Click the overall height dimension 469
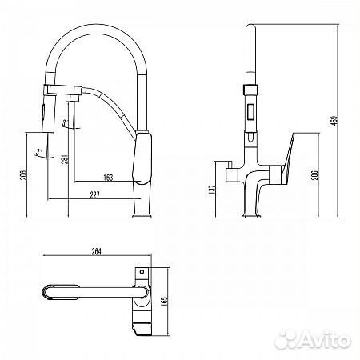pos(335,120)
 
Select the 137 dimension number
pos(212,190)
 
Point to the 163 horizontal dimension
pos(108,178)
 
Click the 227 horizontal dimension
pos(94,195)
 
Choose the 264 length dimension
pos(96,251)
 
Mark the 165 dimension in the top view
pos(165,301)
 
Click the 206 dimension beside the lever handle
pos(315,175)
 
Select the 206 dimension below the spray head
pos(24,175)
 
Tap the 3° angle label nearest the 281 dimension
pos(65,123)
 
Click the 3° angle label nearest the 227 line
pos(38,153)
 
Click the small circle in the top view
pos(142,272)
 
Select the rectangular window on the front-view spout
pos(251,112)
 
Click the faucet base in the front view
pos(251,215)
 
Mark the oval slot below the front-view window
pos(251,137)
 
